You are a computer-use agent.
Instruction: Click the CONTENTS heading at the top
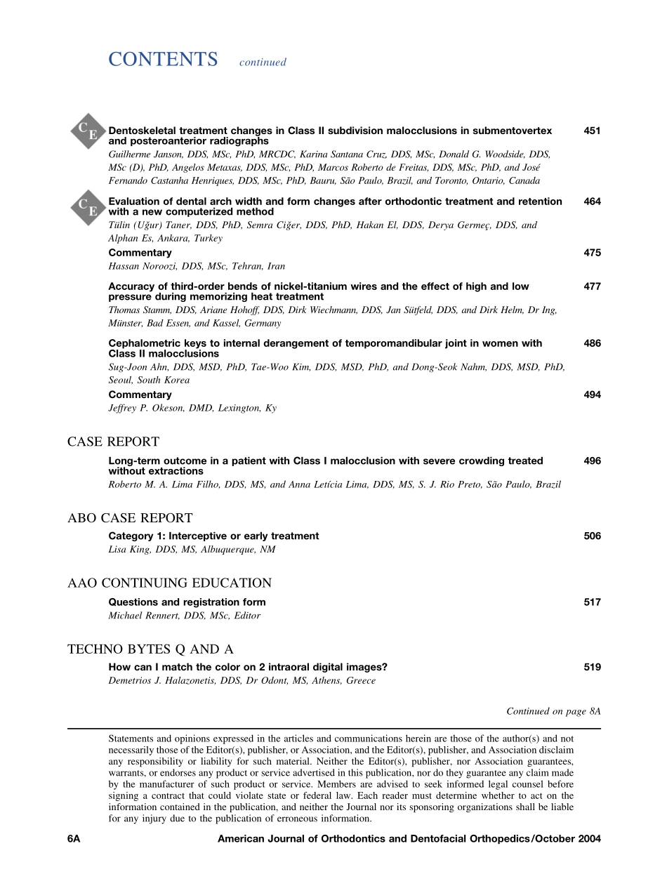163,60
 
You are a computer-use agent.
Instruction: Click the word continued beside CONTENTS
263,62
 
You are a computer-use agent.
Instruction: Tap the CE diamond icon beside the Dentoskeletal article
88,131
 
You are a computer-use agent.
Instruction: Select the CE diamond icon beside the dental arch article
88,206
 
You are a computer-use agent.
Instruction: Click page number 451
592,131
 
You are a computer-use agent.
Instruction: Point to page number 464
592,201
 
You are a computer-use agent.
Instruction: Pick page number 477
592,286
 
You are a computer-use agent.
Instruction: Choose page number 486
592,343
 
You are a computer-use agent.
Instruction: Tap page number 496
592,461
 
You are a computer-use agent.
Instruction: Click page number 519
592,667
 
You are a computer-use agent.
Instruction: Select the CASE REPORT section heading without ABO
113,442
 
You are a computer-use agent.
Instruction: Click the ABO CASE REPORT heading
130,518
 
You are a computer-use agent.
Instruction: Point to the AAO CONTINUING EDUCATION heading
169,583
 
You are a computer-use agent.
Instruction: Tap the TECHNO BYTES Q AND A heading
150,649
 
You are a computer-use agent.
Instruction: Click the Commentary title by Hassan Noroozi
140,253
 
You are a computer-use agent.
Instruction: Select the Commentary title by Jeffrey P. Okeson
140,395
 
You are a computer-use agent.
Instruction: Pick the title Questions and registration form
187,602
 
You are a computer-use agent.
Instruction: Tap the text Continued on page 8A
553,711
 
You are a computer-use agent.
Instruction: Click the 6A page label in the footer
74,838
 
